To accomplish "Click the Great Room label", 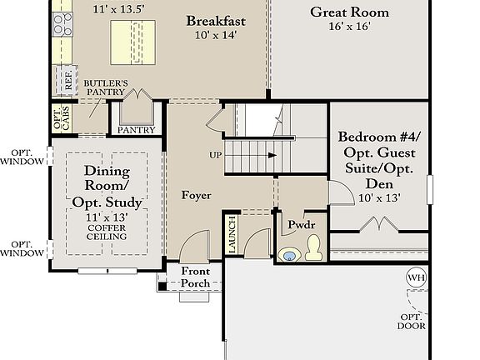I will [x=351, y=12].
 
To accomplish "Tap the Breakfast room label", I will [x=215, y=21].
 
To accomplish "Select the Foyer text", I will [x=197, y=195].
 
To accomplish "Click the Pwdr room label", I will [x=299, y=224].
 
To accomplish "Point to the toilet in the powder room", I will [x=313, y=247].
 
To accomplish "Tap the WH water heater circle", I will [x=416, y=277].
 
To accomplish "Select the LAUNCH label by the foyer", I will [x=231, y=235].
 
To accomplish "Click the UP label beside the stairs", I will [x=215, y=156].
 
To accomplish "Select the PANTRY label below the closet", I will [x=137, y=130].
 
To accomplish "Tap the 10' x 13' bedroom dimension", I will [x=379, y=197].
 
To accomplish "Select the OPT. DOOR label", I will [x=412, y=322].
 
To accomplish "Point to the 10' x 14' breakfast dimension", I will [x=215, y=36].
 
